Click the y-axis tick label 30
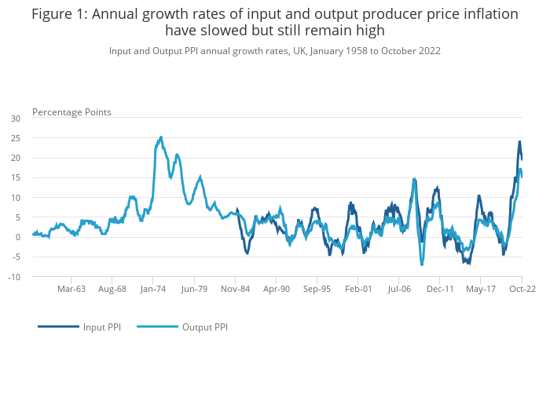(16, 119)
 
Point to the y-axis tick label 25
(16, 138)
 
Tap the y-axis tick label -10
(15, 277)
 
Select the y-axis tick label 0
(18, 237)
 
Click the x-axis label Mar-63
(71, 289)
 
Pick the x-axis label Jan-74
(153, 289)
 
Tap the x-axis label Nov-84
(235, 289)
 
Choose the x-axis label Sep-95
(317, 289)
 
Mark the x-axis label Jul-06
(398, 289)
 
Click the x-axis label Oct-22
(522, 289)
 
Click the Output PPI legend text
(205, 327)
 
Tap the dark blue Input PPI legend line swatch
(58, 327)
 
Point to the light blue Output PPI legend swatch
(157, 327)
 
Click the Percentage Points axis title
(71, 112)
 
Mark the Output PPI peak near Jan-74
(161, 137)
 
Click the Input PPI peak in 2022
(519, 142)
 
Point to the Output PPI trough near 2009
(422, 264)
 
